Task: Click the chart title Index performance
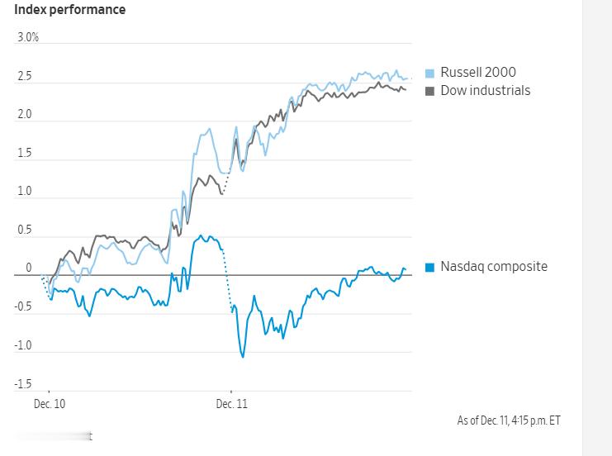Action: [x=70, y=10]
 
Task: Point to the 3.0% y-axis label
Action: [x=28, y=38]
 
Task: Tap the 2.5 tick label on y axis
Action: [x=25, y=77]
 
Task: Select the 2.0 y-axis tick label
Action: [x=25, y=115]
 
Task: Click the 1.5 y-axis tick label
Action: [x=25, y=154]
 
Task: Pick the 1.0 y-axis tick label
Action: [x=25, y=192]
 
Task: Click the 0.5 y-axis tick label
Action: [x=25, y=230]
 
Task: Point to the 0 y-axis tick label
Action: [x=29, y=268]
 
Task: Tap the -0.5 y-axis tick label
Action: [x=23, y=307]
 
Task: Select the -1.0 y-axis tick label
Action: [x=23, y=346]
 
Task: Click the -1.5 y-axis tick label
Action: [x=23, y=384]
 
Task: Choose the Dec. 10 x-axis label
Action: [x=50, y=405]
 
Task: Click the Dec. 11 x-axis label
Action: [x=231, y=405]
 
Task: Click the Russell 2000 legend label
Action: [x=478, y=73]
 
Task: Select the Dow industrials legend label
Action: [x=486, y=90]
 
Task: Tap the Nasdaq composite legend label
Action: [x=494, y=267]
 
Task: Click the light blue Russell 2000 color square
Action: [x=429, y=73]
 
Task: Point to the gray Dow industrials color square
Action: [x=429, y=91]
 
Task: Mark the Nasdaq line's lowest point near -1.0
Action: [x=243, y=357]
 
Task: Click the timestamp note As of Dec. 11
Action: [x=509, y=420]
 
